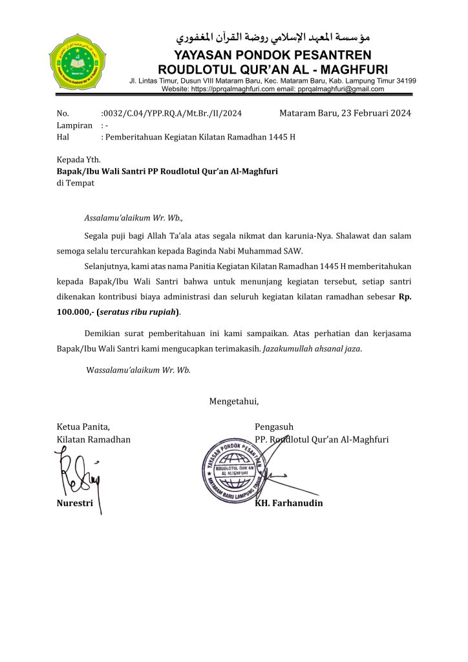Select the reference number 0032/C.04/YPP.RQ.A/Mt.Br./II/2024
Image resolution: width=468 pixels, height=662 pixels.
[172, 114]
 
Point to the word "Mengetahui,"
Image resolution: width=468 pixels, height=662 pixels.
[234, 401]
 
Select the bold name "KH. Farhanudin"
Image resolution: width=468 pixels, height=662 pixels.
[289, 503]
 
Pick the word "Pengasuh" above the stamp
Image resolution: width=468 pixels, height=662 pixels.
[274, 427]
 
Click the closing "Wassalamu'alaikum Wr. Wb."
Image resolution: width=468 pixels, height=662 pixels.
[138, 370]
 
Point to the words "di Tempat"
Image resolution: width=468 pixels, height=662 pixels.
[76, 183]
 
